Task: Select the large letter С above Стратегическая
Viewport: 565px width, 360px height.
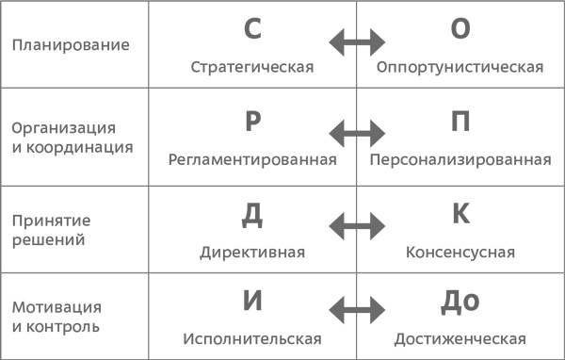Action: pyautogui.click(x=251, y=29)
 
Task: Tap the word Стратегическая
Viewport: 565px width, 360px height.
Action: pyautogui.click(x=251, y=68)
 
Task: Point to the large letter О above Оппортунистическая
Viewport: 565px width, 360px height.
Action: pyautogui.click(x=460, y=29)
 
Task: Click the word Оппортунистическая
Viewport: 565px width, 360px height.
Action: pyautogui.click(x=460, y=68)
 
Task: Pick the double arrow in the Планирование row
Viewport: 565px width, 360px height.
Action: pyautogui.click(x=356, y=41)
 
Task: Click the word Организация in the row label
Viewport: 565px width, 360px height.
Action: pyautogui.click(x=64, y=127)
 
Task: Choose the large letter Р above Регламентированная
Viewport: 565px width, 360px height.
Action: pyautogui.click(x=251, y=122)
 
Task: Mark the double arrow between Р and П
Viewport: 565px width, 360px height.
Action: pyautogui.click(x=356, y=132)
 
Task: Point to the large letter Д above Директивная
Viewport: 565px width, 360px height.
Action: pyautogui.click(x=251, y=214)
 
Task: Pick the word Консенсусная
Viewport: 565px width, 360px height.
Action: pyautogui.click(x=460, y=253)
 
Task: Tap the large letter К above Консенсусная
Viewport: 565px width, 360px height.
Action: pyautogui.click(x=460, y=214)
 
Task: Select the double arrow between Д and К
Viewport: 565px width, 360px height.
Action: pyautogui.click(x=356, y=224)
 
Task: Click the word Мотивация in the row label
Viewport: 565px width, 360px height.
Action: pyautogui.click(x=57, y=308)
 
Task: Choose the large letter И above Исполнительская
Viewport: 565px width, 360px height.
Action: pyautogui.click(x=251, y=302)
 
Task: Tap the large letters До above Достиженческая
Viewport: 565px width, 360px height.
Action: pyautogui.click(x=460, y=302)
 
